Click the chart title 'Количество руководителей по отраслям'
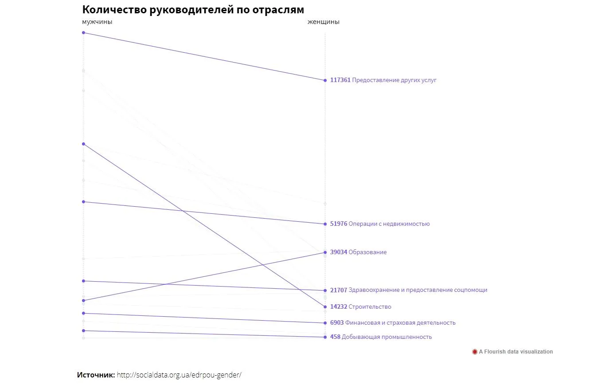pos(193,10)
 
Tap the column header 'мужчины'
pos(97,22)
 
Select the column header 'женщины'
pos(323,22)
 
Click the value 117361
pos(340,80)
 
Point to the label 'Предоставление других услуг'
pos(394,80)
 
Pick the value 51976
pos(339,224)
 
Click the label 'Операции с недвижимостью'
pos(389,224)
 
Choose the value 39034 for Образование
pos(339,252)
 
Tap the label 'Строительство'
pos(370,307)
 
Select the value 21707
pos(339,290)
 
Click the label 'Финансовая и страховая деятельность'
pos(400,323)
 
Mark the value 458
pos(335,337)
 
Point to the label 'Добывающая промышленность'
pos(387,337)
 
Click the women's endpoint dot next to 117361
pos(325,80)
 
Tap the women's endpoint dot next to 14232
pos(325,307)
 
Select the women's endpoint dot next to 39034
pos(325,252)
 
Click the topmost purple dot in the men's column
pos(83,32)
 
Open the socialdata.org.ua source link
pos(179,375)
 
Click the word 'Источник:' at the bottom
pos(96,375)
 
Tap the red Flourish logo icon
pos(475,352)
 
